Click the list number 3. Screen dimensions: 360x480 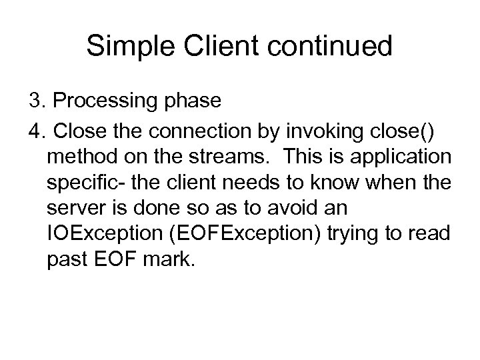pyautogui.click(x=35, y=101)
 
